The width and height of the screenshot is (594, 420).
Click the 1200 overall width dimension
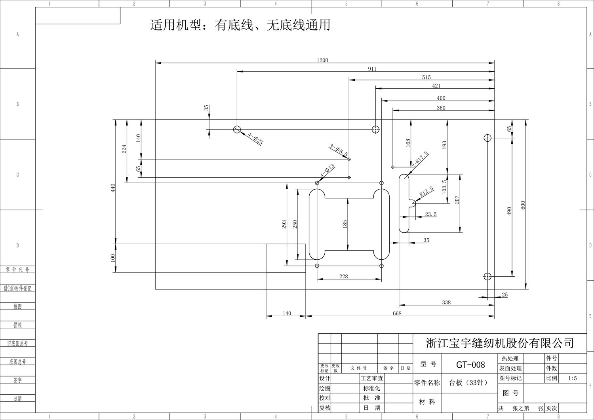[x=322, y=61]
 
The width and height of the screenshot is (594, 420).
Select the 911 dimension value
[x=372, y=69]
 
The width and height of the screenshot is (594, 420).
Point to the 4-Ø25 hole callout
[x=256, y=139]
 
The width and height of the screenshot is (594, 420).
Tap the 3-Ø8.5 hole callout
[x=339, y=150]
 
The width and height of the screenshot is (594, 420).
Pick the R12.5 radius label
[x=427, y=192]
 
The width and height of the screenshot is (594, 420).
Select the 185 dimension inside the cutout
[x=345, y=224]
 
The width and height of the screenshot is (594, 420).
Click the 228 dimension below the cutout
[x=344, y=276]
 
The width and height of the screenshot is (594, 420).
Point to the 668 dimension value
[x=397, y=313]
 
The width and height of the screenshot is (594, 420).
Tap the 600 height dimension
[x=523, y=205]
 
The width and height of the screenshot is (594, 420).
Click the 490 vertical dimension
[x=510, y=211]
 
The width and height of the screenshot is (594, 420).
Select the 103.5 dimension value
[x=444, y=186]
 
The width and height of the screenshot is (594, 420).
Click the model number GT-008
[x=470, y=365]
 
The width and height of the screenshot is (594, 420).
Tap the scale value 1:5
[x=572, y=378]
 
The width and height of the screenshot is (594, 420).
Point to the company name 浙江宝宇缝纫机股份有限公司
[x=500, y=342]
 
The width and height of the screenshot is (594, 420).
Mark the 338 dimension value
[x=446, y=302]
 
